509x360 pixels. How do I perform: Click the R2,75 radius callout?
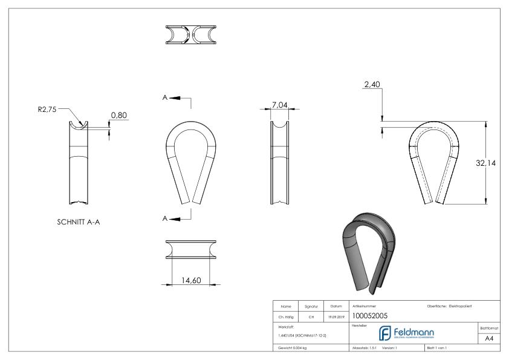48,111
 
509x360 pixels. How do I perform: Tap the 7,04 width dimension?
279,105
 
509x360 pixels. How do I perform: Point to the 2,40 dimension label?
372,87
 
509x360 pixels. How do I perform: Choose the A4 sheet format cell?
490,339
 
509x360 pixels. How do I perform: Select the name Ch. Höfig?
285,315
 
